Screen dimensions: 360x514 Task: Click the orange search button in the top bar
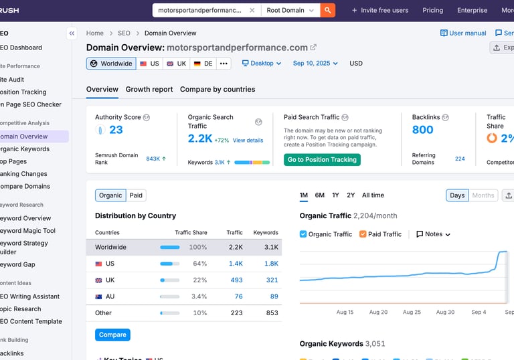tap(327, 10)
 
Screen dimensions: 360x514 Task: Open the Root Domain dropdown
tap(290, 10)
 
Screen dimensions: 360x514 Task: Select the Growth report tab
tap(149, 89)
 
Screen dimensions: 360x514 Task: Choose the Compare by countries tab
tap(218, 89)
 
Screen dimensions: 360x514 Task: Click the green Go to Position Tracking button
tap(322, 160)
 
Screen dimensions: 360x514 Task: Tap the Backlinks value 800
tap(423, 130)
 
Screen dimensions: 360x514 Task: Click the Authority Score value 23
tap(116, 130)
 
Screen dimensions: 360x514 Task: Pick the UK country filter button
tap(177, 64)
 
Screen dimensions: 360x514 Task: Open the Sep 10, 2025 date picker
tap(315, 64)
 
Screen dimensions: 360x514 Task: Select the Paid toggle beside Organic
tap(136, 195)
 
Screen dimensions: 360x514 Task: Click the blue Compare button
tap(112, 335)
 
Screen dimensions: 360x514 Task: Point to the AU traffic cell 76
tap(238, 296)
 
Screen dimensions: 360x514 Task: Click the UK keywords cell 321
tap(272, 280)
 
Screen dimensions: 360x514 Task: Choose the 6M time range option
tap(320, 195)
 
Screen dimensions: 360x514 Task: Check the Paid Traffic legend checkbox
tap(363, 234)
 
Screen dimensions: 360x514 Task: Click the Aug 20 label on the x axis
tap(378, 312)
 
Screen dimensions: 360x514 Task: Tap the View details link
tap(248, 141)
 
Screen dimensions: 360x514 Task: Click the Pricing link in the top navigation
tap(432, 10)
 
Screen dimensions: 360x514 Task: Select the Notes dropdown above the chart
tap(433, 234)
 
